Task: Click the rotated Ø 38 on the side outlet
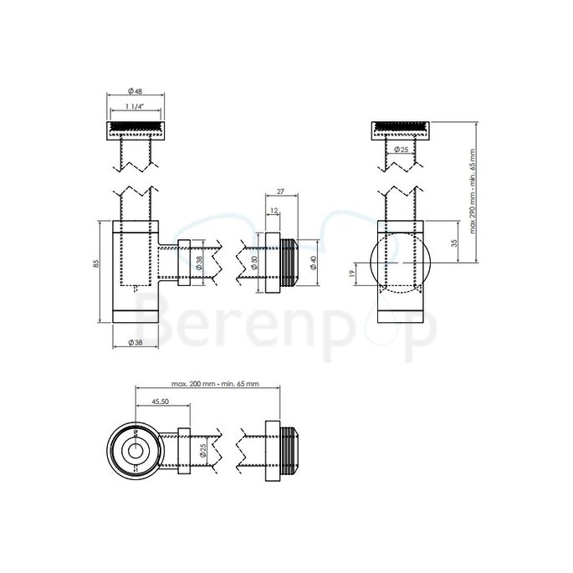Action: pyautogui.click(x=199, y=263)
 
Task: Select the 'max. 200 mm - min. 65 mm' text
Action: pyautogui.click(x=215, y=383)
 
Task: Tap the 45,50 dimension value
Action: pyautogui.click(x=161, y=402)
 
